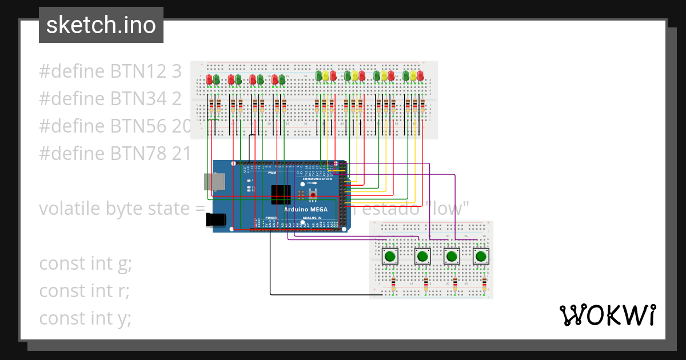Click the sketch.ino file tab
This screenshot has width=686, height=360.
click(101, 25)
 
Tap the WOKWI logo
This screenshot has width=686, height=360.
click(607, 315)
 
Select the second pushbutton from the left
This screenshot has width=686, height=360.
click(422, 256)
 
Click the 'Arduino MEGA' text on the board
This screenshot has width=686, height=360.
click(306, 209)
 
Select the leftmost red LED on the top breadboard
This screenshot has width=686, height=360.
click(209, 79)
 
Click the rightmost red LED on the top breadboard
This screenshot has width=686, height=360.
click(420, 75)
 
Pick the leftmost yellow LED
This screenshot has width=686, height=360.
click(326, 75)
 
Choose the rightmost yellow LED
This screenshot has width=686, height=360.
click(413, 75)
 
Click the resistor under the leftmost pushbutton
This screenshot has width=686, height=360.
click(393, 284)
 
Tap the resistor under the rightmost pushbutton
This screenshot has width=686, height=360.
click(484, 284)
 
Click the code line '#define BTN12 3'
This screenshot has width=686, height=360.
click(110, 72)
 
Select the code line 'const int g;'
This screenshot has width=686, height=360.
click(85, 264)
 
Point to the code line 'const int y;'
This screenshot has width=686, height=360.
click(85, 318)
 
